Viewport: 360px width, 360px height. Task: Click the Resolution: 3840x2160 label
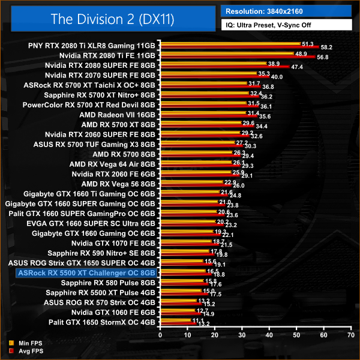coord(263,10)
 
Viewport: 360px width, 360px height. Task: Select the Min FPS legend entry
coord(22,344)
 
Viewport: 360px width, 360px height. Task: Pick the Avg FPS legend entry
coord(22,351)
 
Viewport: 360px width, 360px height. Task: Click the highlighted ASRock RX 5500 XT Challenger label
coord(87,272)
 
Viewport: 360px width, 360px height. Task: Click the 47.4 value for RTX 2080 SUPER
coord(297,67)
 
